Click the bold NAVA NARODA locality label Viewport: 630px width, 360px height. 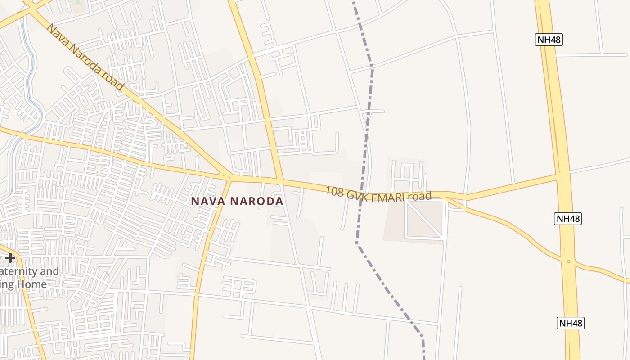point(237,201)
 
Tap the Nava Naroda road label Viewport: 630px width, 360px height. point(85,57)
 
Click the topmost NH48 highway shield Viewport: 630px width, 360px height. point(549,40)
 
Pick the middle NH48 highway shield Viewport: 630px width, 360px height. point(568,219)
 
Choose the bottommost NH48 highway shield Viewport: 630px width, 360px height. point(571,323)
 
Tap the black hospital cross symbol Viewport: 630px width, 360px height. point(10,258)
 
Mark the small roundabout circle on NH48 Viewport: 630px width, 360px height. point(569,261)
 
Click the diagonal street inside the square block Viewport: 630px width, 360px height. point(424,219)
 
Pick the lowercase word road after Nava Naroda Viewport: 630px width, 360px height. point(112,81)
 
